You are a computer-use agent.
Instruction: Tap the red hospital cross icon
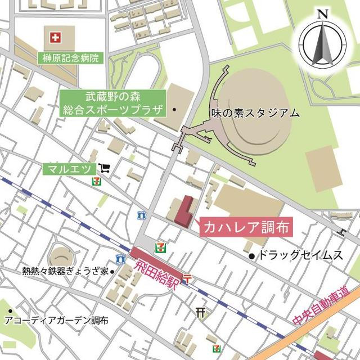(x=55, y=39)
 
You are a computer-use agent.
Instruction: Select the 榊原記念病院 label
(x=70, y=57)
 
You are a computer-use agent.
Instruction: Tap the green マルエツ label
(x=69, y=169)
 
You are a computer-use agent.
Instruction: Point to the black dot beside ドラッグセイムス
(x=251, y=256)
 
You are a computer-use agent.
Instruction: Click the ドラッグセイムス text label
(x=300, y=256)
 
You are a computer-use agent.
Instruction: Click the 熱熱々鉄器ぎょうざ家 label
(x=65, y=271)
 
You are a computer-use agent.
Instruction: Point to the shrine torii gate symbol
(x=201, y=311)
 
